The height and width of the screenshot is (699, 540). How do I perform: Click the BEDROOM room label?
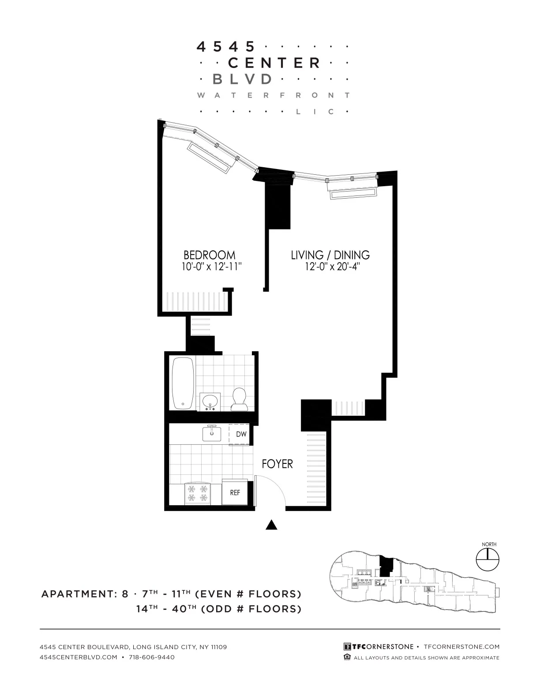pyautogui.click(x=209, y=255)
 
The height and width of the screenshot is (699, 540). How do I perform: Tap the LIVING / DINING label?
pyautogui.click(x=330, y=255)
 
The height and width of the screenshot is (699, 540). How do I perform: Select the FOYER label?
pyautogui.click(x=277, y=464)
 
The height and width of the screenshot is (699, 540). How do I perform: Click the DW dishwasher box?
pyautogui.click(x=241, y=434)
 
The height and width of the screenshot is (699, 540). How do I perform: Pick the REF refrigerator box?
pyautogui.click(x=235, y=492)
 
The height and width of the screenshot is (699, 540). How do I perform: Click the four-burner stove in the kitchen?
pyautogui.click(x=197, y=493)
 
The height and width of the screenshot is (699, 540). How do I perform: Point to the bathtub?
pyautogui.click(x=183, y=383)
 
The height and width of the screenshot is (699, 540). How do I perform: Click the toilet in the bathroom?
pyautogui.click(x=240, y=398)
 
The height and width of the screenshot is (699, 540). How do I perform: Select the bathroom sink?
pyautogui.click(x=210, y=402)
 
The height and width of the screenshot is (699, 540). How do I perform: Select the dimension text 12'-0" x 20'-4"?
pyautogui.click(x=330, y=267)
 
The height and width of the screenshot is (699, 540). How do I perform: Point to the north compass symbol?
pyautogui.click(x=488, y=560)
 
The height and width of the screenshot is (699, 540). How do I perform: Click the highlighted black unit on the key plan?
pyautogui.click(x=386, y=566)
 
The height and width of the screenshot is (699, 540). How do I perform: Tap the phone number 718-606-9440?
pyautogui.click(x=152, y=657)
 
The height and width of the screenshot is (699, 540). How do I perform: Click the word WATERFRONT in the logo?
pyautogui.click(x=274, y=95)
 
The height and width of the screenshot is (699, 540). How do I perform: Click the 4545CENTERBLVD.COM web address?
pyautogui.click(x=78, y=657)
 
